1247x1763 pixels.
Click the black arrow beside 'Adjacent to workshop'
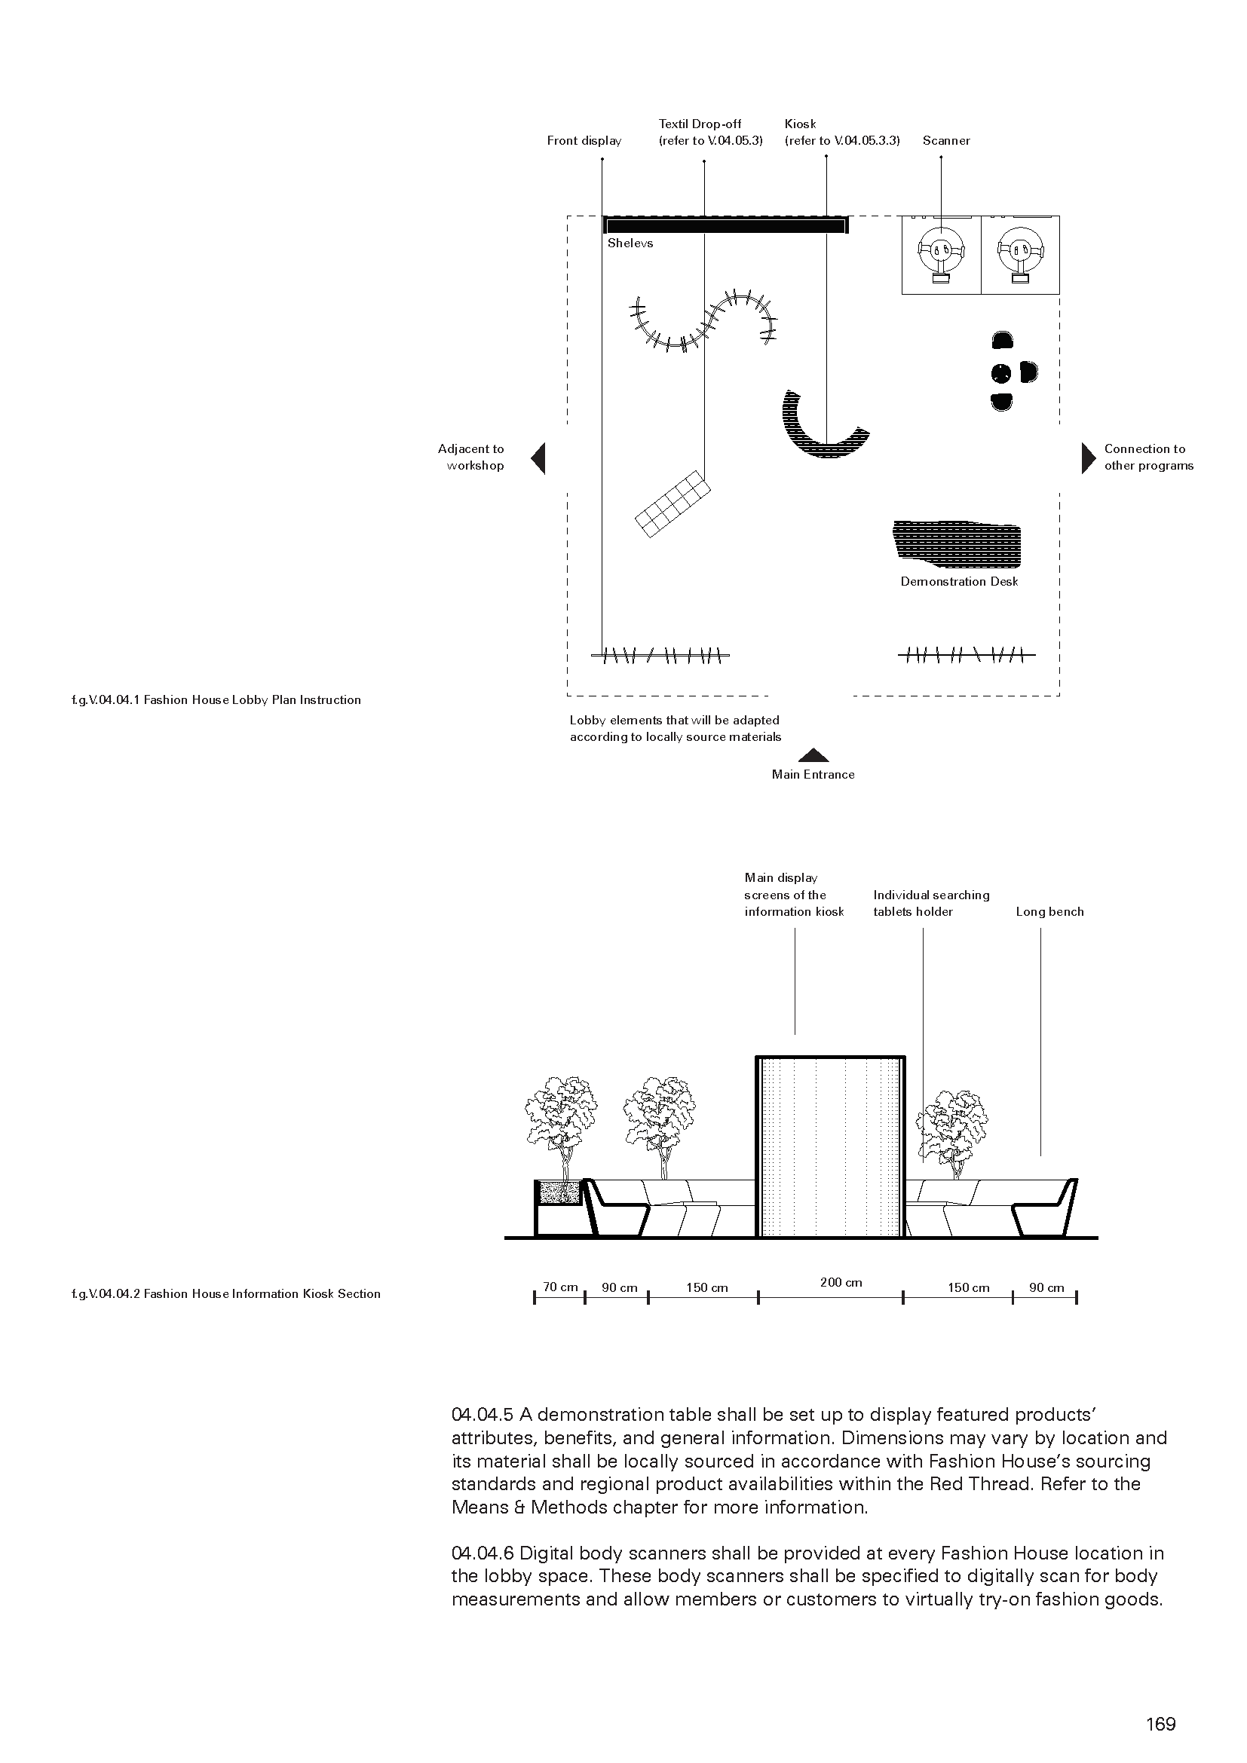(539, 458)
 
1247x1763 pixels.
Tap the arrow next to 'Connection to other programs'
(1088, 458)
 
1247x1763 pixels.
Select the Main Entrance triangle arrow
(813, 755)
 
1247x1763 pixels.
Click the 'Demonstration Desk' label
(959, 582)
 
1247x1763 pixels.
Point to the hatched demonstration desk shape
(958, 542)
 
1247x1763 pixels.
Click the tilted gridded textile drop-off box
(672, 503)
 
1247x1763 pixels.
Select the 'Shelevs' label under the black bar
(630, 243)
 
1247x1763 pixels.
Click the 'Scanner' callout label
(946, 140)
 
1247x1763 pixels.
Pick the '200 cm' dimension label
(841, 1282)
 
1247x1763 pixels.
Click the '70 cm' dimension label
(559, 1287)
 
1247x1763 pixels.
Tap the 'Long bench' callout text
(1049, 912)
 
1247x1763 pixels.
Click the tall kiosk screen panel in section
(831, 1147)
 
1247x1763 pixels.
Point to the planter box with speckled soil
(559, 1193)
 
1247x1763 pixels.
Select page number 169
(1160, 1725)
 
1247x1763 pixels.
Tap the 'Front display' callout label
(584, 140)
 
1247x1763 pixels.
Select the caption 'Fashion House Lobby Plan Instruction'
(252, 700)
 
